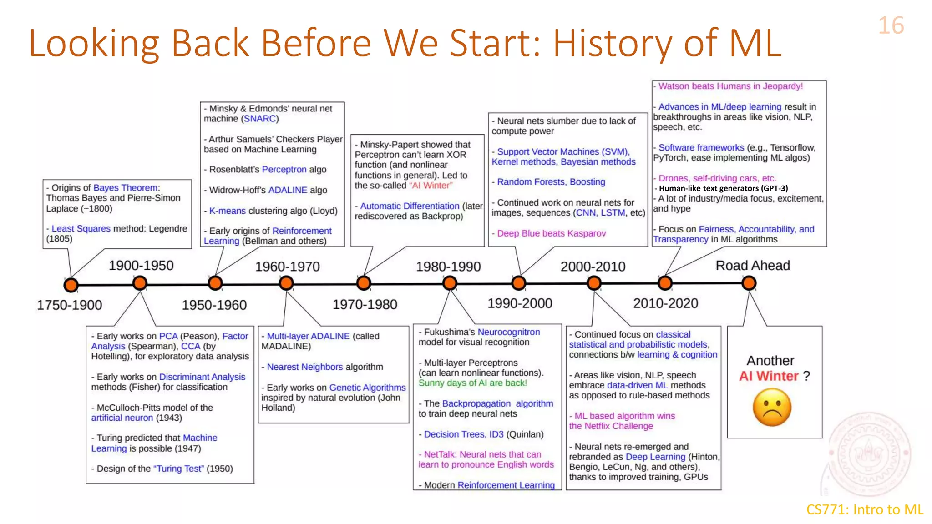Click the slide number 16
tap(891, 25)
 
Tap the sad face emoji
tap(772, 407)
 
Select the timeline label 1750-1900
tap(69, 305)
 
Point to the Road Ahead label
tap(752, 265)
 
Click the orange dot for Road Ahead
tap(749, 283)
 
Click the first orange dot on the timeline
tap(71, 285)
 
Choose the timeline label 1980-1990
tap(448, 267)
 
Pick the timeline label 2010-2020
tap(665, 303)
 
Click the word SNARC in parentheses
tap(260, 119)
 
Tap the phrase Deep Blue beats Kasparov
tap(551, 233)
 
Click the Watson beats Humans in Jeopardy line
tap(730, 86)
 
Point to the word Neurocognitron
tap(508, 332)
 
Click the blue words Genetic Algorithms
tap(367, 388)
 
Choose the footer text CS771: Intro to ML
tap(864, 509)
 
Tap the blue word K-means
tap(227, 211)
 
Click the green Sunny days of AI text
tap(472, 383)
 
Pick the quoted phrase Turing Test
tap(178, 469)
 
